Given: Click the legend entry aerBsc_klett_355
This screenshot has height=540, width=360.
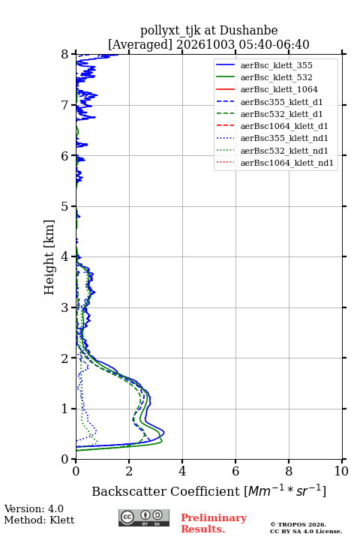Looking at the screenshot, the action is [x=276, y=65].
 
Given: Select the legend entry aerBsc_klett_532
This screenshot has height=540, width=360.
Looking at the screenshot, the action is [x=276, y=77].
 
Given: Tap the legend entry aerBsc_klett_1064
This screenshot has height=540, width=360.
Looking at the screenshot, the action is [x=279, y=89].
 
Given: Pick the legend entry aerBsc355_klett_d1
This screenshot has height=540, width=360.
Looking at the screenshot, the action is [x=281, y=102].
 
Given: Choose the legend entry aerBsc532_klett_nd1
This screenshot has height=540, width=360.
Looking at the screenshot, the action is [x=284, y=151].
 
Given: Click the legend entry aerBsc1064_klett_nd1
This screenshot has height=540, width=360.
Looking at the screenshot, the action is [x=287, y=163].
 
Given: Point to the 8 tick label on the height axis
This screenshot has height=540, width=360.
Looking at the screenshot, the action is [x=64, y=55].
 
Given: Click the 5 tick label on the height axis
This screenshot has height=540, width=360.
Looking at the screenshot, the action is [x=64, y=206].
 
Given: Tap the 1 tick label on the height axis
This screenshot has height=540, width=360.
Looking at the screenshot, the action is [x=64, y=409].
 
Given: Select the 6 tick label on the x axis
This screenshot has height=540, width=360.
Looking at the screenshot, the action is [x=235, y=471].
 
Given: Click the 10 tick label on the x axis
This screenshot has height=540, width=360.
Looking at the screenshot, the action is [x=341, y=471].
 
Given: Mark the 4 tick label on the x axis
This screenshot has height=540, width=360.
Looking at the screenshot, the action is [x=182, y=471].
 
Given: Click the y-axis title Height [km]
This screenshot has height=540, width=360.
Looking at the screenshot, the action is [x=49, y=257].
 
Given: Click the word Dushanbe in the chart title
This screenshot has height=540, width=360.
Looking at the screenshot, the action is [x=248, y=31].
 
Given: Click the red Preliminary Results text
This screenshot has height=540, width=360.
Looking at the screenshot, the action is [x=214, y=523].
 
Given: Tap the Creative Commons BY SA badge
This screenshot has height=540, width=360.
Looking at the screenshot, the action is [x=144, y=517].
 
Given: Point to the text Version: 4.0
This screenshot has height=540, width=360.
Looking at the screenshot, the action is [x=34, y=508].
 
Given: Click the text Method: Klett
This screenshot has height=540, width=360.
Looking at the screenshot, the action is [x=39, y=520].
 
